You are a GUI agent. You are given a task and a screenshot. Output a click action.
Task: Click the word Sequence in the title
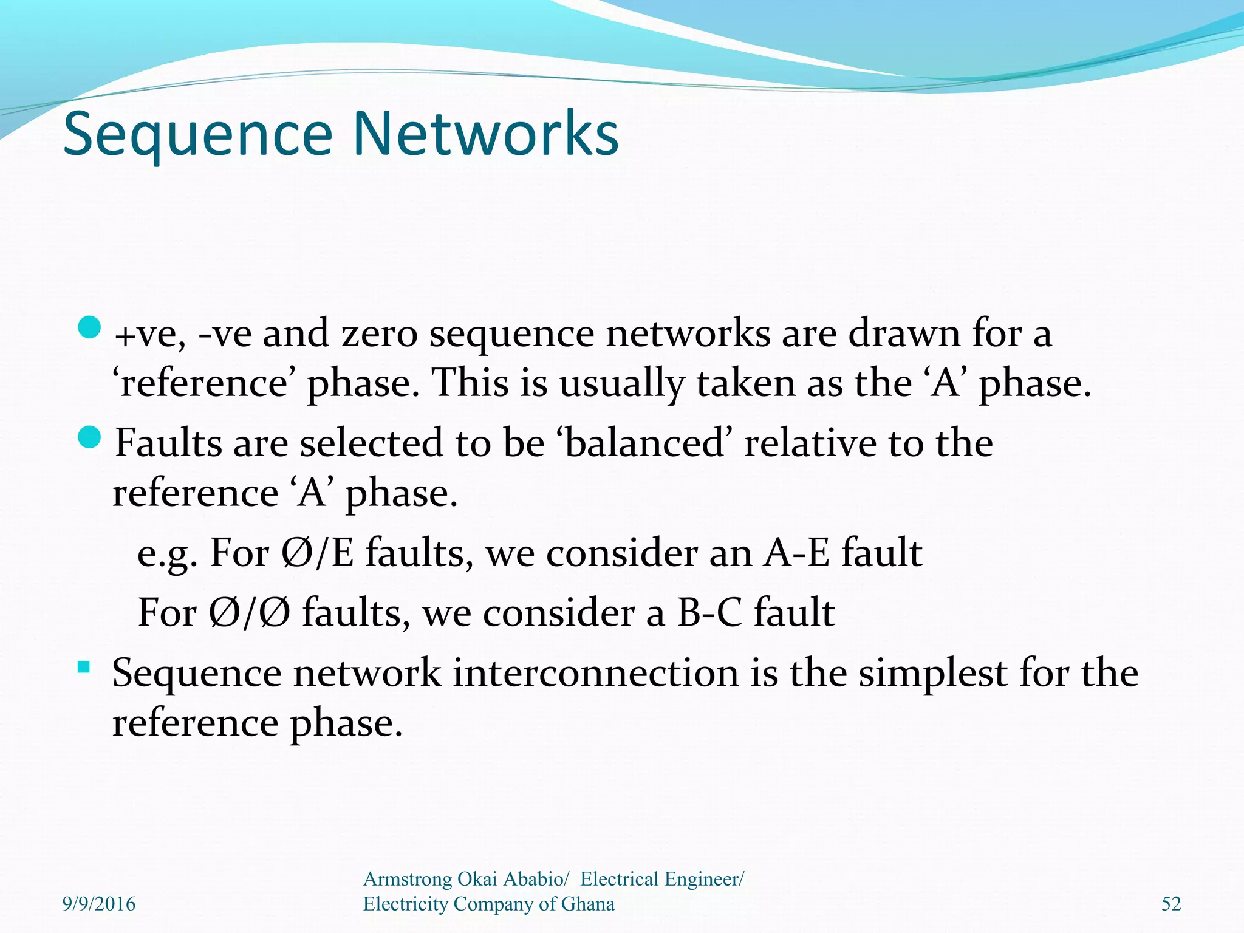pos(198,135)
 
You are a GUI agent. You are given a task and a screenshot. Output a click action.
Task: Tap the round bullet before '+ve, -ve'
pos(89,328)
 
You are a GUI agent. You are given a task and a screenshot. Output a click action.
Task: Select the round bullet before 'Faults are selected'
pos(89,437)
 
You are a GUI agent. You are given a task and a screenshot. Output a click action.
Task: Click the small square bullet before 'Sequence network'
pos(84,668)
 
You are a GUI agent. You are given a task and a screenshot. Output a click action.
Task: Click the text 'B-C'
pos(709,612)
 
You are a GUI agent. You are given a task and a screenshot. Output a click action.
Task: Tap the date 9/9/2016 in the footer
pos(99,904)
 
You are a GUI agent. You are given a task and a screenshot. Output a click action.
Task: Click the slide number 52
pos(1171,904)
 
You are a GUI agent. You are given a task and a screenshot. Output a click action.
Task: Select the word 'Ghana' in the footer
pos(587,904)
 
